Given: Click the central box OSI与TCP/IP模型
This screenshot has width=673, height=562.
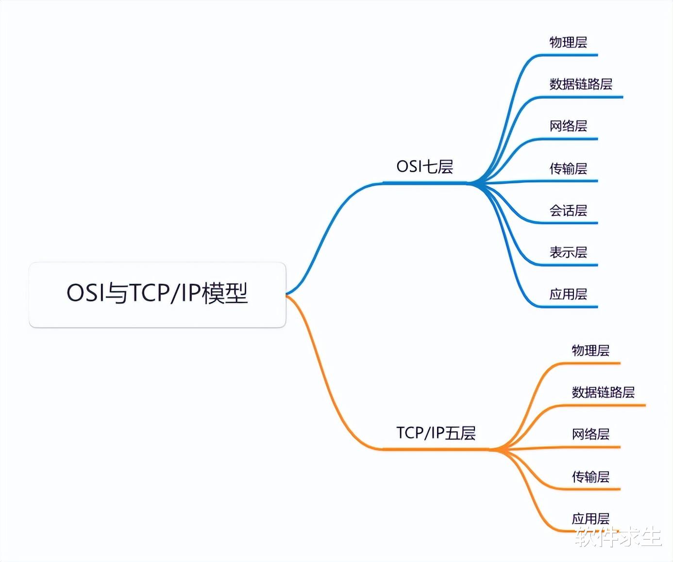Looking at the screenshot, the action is click(157, 295).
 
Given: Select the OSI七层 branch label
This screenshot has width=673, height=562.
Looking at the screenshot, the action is click(424, 167).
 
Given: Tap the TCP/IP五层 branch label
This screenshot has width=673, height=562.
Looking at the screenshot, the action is click(436, 433).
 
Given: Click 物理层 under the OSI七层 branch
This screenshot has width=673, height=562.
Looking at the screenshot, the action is click(568, 42).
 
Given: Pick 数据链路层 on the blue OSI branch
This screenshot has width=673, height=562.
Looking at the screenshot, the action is click(581, 84).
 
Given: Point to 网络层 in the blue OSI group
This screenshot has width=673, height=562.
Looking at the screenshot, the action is click(568, 126).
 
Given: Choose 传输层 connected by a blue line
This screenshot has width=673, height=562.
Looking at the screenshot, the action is click(568, 169).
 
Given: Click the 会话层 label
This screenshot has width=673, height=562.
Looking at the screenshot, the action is click(568, 211).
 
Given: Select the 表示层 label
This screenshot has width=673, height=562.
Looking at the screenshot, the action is click(568, 252).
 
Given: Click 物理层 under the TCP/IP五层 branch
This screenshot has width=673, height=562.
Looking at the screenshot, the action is click(590, 351).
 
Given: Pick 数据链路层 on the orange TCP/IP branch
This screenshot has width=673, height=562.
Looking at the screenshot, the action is click(603, 392).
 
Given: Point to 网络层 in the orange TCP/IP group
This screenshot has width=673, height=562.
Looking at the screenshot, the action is click(590, 435).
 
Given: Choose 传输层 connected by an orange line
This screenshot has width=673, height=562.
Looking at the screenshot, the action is click(590, 477).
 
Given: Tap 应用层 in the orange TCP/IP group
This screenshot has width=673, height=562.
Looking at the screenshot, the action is click(590, 519).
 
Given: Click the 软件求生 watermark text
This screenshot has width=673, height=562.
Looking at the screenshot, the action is click(619, 537).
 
